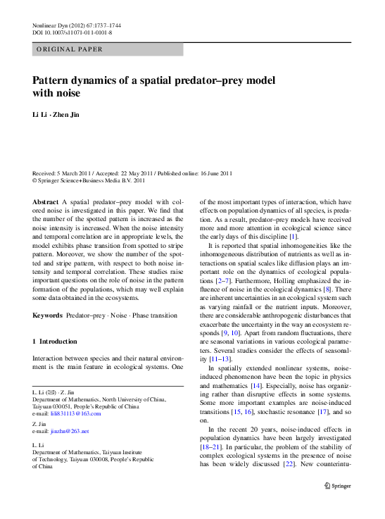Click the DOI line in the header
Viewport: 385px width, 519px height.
(x=72, y=33)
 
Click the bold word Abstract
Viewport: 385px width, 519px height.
(x=46, y=201)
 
